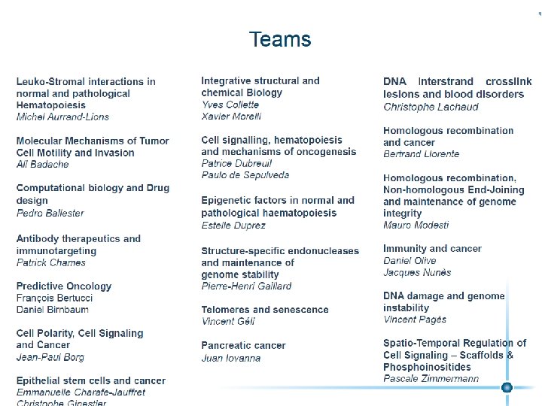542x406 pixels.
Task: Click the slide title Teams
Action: click(x=280, y=39)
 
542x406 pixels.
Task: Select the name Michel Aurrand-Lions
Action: click(x=62, y=117)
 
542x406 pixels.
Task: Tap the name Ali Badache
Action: click(x=42, y=165)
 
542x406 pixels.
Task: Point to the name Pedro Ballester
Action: click(x=50, y=213)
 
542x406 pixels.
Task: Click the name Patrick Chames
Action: click(x=51, y=262)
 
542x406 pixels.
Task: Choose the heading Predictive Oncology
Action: click(x=64, y=286)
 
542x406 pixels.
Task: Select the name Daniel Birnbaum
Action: click(x=53, y=310)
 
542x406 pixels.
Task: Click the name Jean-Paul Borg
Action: click(x=50, y=357)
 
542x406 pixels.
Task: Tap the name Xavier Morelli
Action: click(x=231, y=117)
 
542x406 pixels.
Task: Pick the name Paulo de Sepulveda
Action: click(x=245, y=175)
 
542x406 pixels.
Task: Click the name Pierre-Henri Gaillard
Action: click(x=246, y=286)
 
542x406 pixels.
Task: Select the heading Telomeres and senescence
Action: click(x=265, y=310)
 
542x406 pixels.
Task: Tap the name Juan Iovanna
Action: click(x=231, y=358)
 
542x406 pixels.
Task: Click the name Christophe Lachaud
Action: click(x=431, y=107)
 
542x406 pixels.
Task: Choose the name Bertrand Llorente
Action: click(x=421, y=154)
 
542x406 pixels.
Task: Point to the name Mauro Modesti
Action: click(x=416, y=225)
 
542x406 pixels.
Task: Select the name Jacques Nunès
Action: click(x=417, y=272)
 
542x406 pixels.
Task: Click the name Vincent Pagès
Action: click(x=416, y=320)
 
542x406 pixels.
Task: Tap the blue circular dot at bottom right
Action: click(x=507, y=387)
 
